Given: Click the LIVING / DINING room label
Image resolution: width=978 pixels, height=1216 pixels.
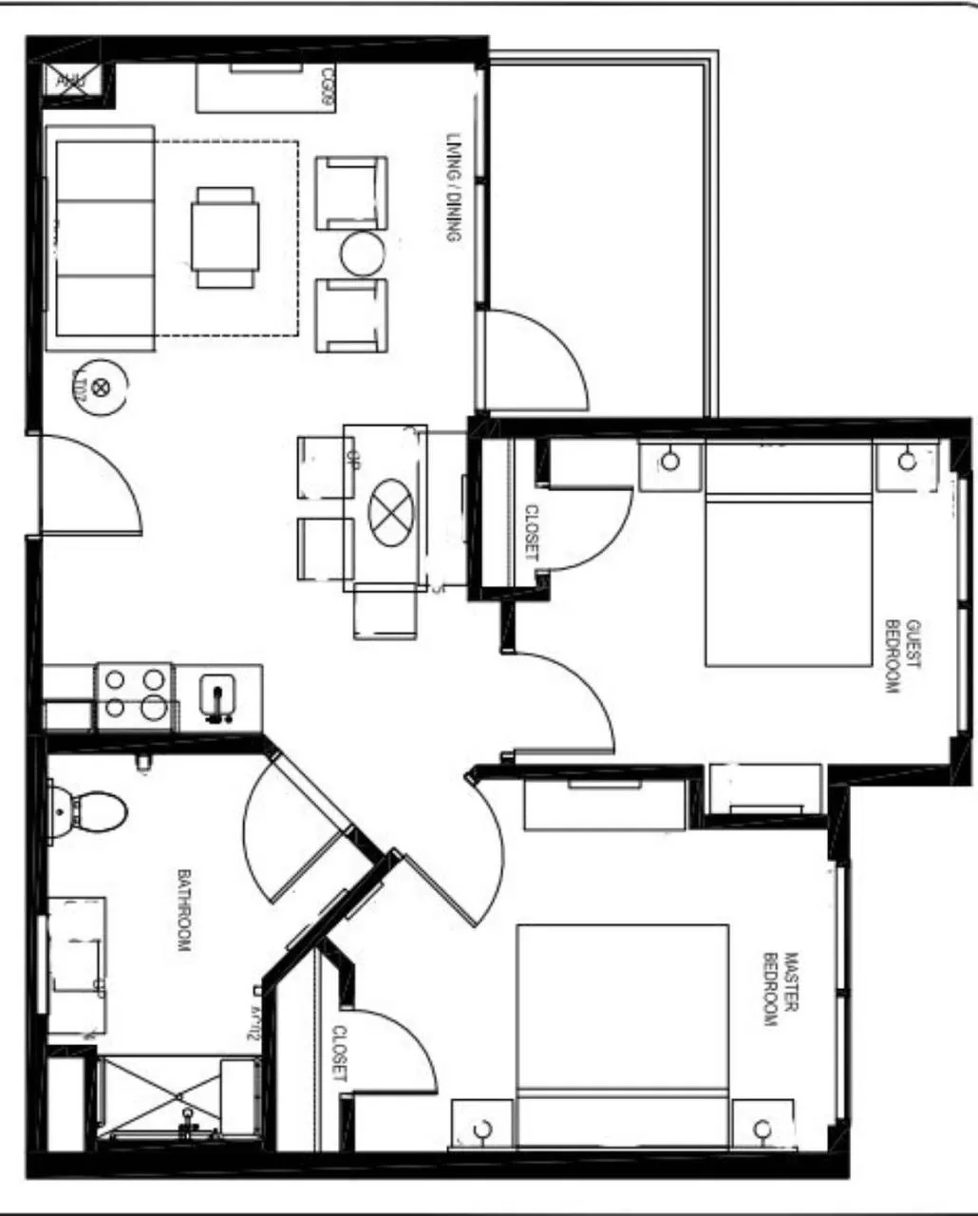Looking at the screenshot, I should [x=454, y=186].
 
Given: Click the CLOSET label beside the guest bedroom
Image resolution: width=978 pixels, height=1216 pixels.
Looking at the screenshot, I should [x=531, y=531].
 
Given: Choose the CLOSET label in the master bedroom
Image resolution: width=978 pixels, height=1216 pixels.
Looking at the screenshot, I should [x=339, y=1054].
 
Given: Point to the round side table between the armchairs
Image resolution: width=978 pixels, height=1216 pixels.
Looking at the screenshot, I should [x=363, y=254].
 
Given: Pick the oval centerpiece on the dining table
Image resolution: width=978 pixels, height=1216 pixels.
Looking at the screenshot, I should [x=392, y=513].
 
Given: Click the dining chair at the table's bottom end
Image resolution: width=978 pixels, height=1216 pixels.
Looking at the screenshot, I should [x=385, y=612].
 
